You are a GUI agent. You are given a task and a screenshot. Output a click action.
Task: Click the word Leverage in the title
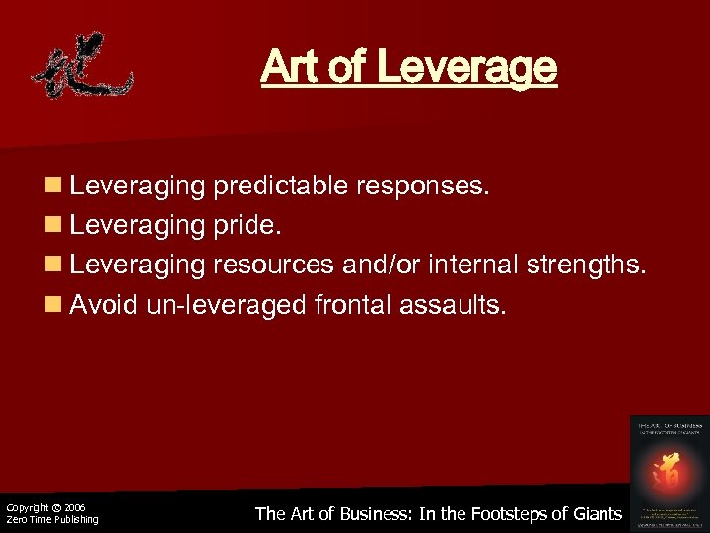pos(467,68)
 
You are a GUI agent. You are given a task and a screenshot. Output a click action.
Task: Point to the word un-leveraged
pos(226,305)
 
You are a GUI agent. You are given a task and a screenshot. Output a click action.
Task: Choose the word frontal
pos(353,305)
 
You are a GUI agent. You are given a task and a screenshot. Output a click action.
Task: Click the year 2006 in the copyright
pos(74,507)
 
